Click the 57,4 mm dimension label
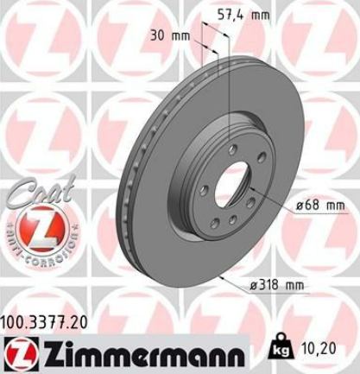click(x=243, y=15)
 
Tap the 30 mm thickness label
click(x=170, y=35)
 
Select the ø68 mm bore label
click(x=320, y=206)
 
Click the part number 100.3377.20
click(x=44, y=322)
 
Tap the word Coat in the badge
click(x=41, y=191)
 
